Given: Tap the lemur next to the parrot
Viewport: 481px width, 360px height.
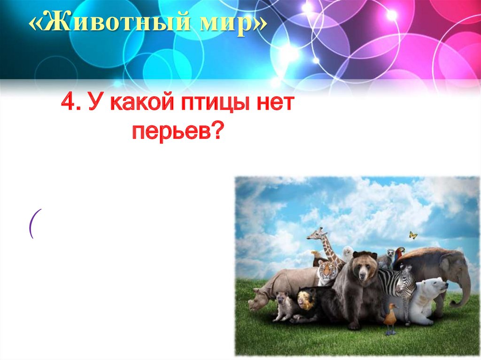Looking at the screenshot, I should [x=390, y=256].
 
